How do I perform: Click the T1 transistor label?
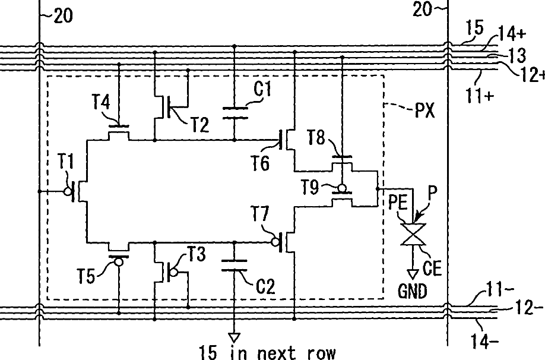point(66,162)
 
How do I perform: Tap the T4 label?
point(101,102)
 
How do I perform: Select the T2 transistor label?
point(200,125)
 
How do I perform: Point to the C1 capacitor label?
point(262,89)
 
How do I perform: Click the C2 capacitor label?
point(265,286)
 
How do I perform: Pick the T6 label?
point(260,163)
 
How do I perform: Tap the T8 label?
point(316,138)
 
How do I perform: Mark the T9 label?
point(310,188)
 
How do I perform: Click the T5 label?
point(86,276)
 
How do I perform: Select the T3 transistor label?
point(197,254)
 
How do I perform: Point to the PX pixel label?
point(424,110)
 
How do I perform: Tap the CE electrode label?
point(432,268)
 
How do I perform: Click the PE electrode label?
point(398,202)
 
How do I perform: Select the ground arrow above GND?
point(413,274)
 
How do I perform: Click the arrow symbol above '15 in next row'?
point(235,337)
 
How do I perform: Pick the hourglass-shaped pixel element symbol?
point(413,234)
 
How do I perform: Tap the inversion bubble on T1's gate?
point(68,191)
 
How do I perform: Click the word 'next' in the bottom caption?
point(276,353)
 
